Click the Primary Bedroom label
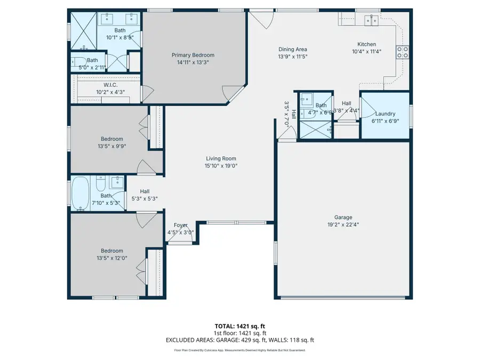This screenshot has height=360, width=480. pos(193,55)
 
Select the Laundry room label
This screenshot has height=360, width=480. pos(385,114)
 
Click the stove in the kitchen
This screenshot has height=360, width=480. pos(402,52)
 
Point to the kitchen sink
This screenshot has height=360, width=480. pos(371,20)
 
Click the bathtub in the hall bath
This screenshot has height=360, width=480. pos(81,193)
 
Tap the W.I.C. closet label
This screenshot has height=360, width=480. pos(110,85)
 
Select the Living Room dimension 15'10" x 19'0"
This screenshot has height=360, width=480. pos(221,166)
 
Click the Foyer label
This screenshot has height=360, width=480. pos(181,225)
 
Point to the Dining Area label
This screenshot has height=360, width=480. pos(293,49)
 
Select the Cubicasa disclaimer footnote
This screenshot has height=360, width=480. pos(240,350)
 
